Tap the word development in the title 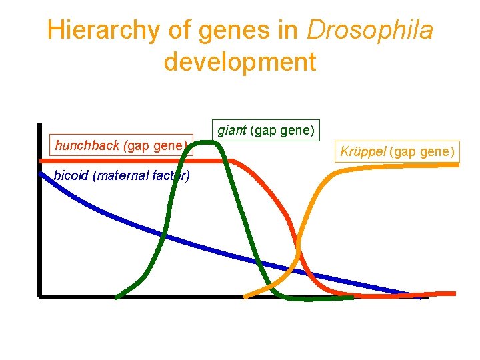(x=239, y=62)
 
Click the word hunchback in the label (x=87, y=145)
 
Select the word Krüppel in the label (x=364, y=151)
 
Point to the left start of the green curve (x=117, y=297)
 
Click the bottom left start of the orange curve (x=245, y=297)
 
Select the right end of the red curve (x=455, y=293)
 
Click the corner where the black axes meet (x=40, y=295)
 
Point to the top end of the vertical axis (x=40, y=125)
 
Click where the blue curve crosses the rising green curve (x=161, y=234)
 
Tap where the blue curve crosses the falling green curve (x=257, y=261)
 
